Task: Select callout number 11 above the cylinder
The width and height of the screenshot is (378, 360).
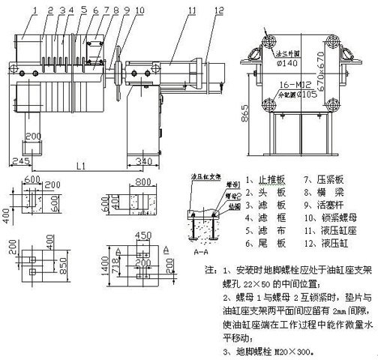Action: tap(192, 10)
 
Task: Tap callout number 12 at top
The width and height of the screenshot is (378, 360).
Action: tap(217, 10)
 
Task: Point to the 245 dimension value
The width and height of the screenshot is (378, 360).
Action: tap(20, 160)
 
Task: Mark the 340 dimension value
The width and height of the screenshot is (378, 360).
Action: tap(144, 160)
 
